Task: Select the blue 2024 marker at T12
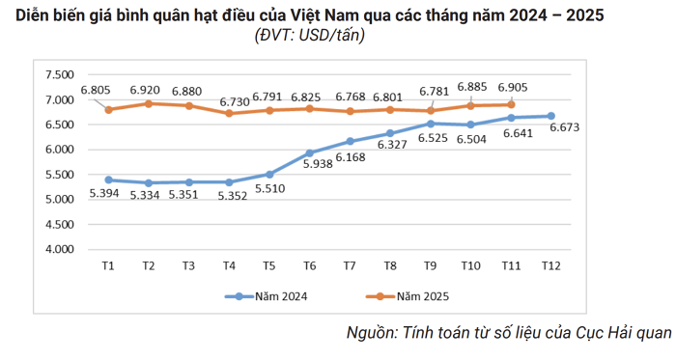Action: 550,116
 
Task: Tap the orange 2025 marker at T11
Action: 511,104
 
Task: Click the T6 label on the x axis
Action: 310,265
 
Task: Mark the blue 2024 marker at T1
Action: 108,180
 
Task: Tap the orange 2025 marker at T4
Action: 229,113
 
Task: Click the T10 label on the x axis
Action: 471,265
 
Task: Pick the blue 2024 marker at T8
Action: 390,133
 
